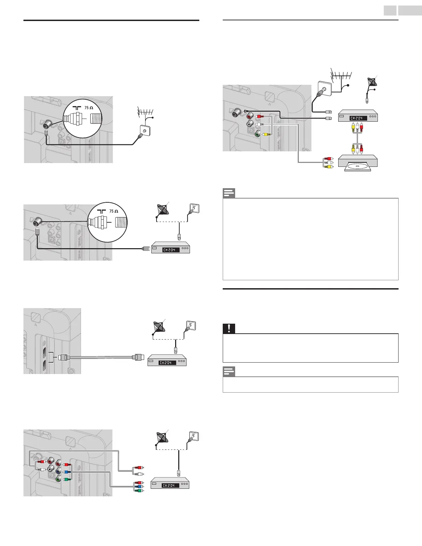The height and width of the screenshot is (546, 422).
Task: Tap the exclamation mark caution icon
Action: click(229, 328)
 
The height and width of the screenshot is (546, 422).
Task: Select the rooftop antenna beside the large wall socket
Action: click(341, 75)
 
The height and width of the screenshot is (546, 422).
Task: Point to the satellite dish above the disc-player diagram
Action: click(372, 82)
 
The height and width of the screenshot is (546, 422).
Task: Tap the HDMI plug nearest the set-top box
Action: click(138, 357)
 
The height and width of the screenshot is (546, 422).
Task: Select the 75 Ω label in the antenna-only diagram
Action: click(89, 108)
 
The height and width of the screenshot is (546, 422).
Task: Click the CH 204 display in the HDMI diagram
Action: click(167, 363)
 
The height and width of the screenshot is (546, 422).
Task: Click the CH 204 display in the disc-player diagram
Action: click(358, 118)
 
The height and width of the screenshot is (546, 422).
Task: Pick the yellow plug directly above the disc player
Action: click(353, 149)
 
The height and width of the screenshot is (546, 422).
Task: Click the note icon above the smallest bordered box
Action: click(229, 372)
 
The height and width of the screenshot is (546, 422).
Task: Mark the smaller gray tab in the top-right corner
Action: click(391, 10)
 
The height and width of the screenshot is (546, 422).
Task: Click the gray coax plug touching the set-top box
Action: click(146, 248)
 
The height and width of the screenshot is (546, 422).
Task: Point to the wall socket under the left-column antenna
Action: click(144, 129)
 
